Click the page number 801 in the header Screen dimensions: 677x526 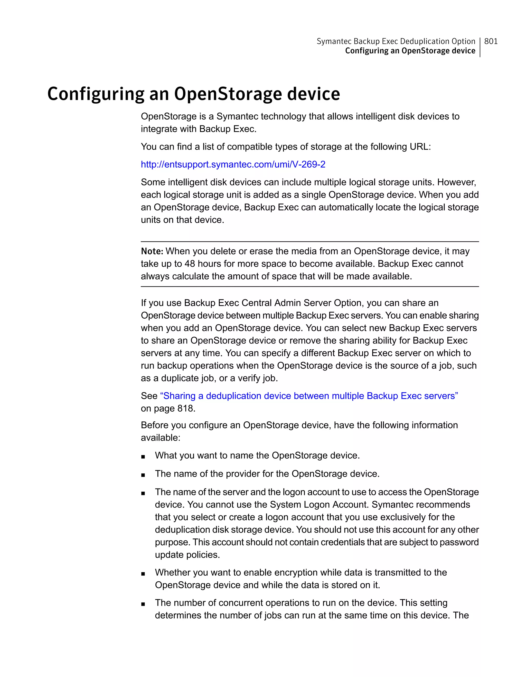point(491,41)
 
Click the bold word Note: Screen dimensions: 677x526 point(152,251)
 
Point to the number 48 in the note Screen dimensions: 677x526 point(190,264)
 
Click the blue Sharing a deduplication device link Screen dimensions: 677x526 point(309,396)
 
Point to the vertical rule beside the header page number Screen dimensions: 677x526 point(480,47)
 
